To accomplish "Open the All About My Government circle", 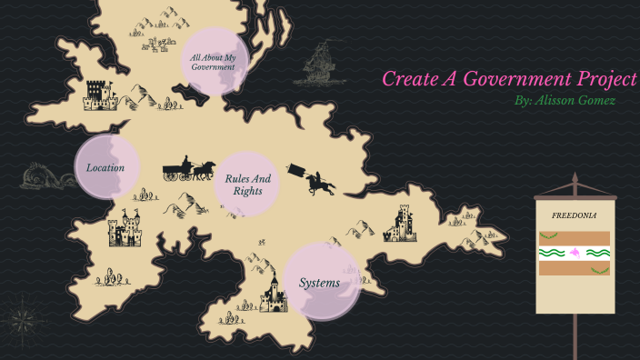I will click(x=215, y=63).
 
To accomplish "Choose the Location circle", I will click(x=105, y=167).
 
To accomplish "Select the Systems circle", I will click(x=320, y=283).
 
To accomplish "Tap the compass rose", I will click(x=21, y=319).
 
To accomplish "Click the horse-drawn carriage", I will click(x=188, y=169).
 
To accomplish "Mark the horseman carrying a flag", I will click(x=313, y=178).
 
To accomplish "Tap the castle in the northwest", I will click(x=100, y=94).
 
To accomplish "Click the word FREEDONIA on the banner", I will click(x=573, y=216).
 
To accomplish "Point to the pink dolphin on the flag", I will click(x=574, y=252).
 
